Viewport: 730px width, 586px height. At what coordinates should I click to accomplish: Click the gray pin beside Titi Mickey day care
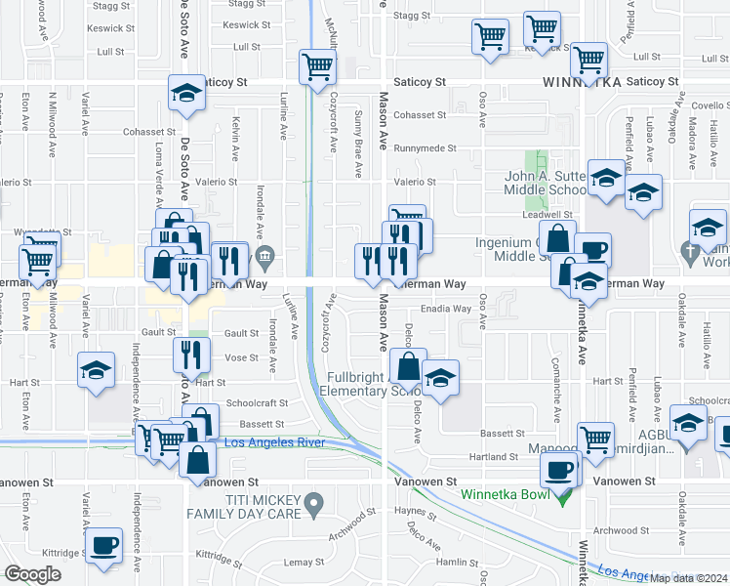click(x=313, y=505)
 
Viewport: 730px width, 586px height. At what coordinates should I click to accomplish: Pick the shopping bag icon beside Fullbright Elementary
click(x=409, y=367)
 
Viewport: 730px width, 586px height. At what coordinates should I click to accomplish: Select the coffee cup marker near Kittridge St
click(x=104, y=545)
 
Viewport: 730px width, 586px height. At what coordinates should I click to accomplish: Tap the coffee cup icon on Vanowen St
click(x=559, y=471)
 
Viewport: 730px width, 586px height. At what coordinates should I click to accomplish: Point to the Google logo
click(x=31, y=574)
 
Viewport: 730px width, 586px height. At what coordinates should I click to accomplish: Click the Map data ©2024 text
click(x=689, y=578)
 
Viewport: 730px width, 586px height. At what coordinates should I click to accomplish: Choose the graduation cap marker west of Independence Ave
click(x=96, y=370)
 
